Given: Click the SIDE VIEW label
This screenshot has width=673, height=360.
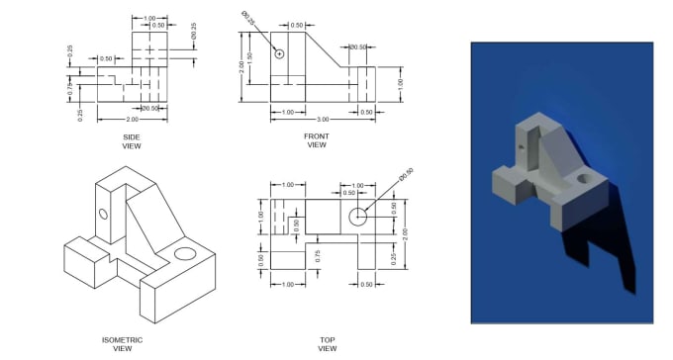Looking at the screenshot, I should [x=132, y=141].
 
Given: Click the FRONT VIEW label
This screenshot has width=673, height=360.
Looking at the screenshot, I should [x=316, y=141].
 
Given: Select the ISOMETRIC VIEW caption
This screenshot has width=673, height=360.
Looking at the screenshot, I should [x=122, y=343].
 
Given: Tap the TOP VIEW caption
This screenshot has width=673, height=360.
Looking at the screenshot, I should [x=327, y=343].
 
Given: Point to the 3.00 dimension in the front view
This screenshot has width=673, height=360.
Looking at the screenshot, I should [x=322, y=119].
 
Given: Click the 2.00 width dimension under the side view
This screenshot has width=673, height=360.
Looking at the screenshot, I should [x=132, y=119].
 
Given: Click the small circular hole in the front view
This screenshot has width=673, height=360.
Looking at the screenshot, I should [x=280, y=52].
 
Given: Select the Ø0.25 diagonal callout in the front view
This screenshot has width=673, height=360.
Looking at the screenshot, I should [x=247, y=18].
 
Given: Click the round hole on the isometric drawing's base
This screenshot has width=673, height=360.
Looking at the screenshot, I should [x=184, y=254].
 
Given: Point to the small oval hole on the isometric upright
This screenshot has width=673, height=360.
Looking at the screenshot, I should [x=102, y=214].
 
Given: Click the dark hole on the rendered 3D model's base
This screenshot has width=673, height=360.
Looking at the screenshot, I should [x=583, y=181].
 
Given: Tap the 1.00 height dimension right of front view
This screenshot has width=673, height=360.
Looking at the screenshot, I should [x=401, y=84].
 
